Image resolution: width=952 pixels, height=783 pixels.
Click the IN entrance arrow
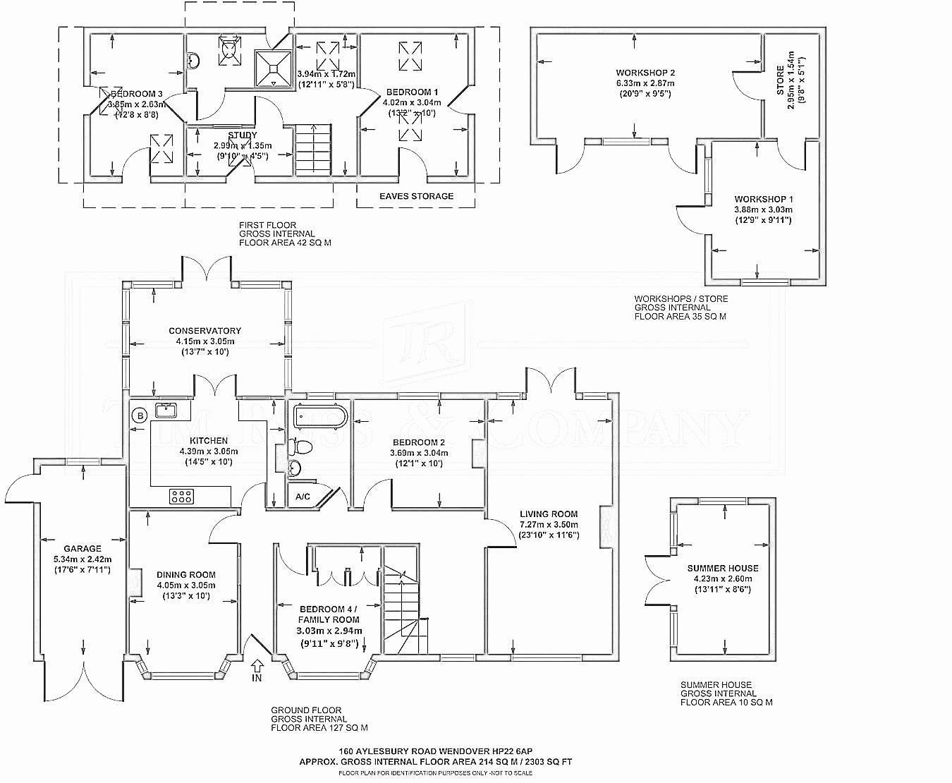coord(257,666)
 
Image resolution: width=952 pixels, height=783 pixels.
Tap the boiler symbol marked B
coord(140,415)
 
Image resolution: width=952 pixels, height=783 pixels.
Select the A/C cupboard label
coord(303,497)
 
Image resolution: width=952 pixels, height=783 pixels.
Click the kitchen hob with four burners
coord(181,496)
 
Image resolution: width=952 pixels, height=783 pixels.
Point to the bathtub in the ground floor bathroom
coord(319,417)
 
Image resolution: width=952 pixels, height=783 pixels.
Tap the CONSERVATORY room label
coord(205,330)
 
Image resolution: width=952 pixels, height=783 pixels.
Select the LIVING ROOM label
coord(549,514)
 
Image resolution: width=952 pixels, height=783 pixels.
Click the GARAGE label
coord(83,548)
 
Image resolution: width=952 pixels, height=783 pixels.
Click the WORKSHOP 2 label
coord(645,73)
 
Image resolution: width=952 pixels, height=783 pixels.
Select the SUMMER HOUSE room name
coord(723,568)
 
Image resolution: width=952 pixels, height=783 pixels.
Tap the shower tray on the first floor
coord(273,67)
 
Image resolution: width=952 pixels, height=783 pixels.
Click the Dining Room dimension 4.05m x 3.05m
coord(186,585)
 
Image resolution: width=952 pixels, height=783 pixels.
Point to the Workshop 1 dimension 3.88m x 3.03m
coord(763,210)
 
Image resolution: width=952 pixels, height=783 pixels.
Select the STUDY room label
coord(243,135)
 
